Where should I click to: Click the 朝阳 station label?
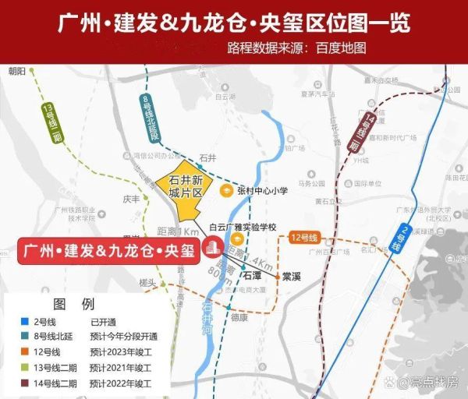click(x=17, y=70)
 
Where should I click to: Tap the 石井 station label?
click(x=207, y=157)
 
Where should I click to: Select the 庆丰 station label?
click(x=132, y=199)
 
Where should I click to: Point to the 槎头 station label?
click(x=148, y=281)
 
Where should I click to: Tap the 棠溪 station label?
click(x=292, y=276)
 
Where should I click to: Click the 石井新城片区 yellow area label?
click(x=180, y=185)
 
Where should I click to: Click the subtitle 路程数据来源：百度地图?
click(x=296, y=48)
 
